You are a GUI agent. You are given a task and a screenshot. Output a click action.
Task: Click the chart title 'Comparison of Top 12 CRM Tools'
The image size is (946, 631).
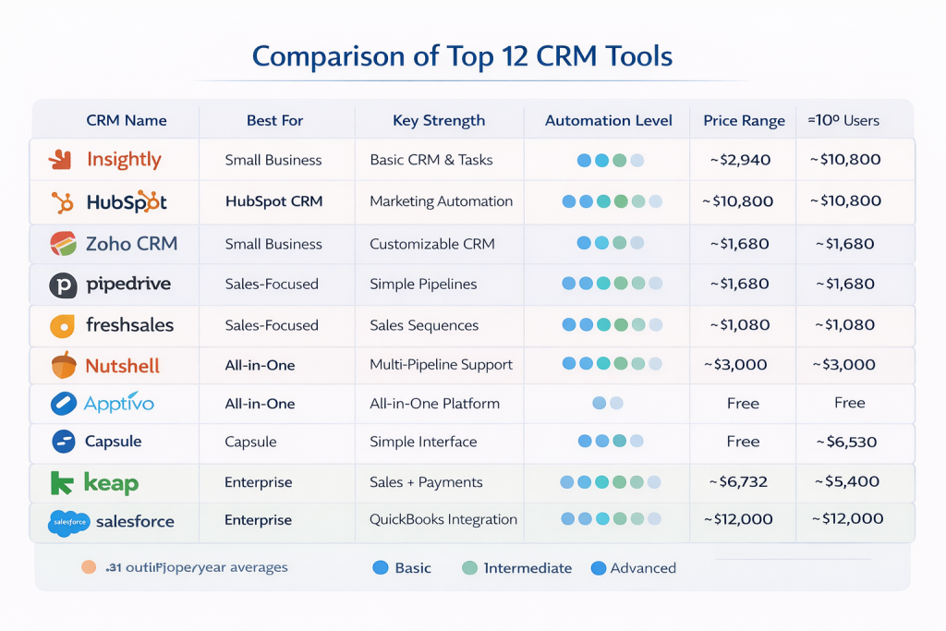[x=462, y=55]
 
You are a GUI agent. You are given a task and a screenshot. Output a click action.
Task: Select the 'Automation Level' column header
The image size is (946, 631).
[x=607, y=120]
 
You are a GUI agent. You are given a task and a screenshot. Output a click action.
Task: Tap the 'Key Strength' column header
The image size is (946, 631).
[x=438, y=120]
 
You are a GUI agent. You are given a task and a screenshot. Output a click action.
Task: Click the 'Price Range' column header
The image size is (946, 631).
[x=744, y=120]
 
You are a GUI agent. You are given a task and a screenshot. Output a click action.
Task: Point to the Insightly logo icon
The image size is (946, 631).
[x=60, y=159]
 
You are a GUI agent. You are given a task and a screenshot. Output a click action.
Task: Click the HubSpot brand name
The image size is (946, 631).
[x=126, y=201]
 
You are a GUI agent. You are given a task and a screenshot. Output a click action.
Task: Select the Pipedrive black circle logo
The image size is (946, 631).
[x=63, y=285]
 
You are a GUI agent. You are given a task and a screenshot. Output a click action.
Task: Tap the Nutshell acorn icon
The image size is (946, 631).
[x=64, y=365]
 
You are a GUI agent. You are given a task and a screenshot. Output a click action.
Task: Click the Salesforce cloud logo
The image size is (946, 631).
[x=69, y=522]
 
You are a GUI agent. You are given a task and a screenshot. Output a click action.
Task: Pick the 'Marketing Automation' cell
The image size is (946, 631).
[x=441, y=201]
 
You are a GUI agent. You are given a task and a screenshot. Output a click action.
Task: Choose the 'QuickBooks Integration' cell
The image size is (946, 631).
[x=443, y=519]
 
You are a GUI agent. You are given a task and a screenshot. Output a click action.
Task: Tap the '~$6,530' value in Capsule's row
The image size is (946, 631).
[x=849, y=442]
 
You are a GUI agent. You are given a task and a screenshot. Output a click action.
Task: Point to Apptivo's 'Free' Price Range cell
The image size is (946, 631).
[x=743, y=404]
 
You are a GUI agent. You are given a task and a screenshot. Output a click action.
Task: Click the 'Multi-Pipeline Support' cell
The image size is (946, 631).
[x=441, y=365]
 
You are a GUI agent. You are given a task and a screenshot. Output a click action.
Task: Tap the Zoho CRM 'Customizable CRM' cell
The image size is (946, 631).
[x=431, y=244]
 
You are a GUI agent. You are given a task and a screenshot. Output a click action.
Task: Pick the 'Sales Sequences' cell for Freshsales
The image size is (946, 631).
[x=424, y=325]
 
